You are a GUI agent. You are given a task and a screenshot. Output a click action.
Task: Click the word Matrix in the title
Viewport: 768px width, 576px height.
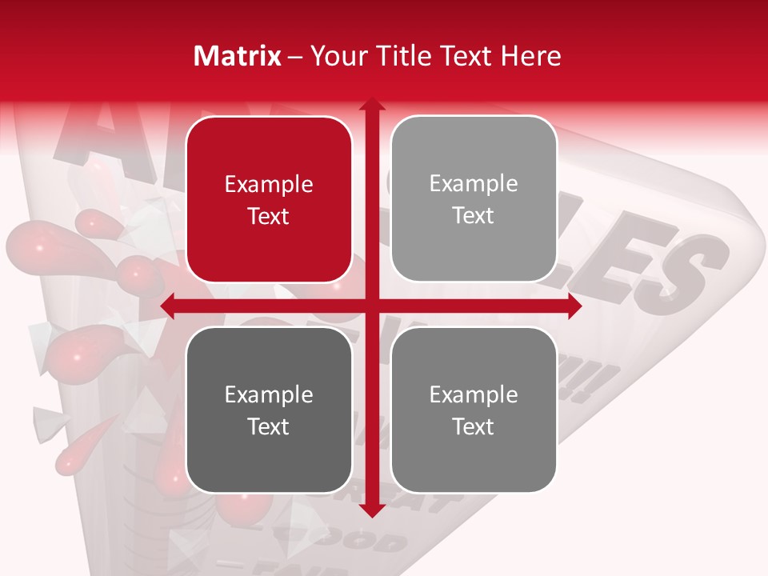[238, 56]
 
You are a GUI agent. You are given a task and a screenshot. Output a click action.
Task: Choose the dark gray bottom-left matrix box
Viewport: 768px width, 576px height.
[269, 410]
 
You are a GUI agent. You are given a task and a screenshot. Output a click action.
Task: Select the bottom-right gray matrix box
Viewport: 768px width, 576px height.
[474, 410]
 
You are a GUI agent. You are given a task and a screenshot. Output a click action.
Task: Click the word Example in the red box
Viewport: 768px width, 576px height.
[269, 185]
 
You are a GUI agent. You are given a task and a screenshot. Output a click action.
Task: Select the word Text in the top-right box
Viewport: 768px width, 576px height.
[474, 216]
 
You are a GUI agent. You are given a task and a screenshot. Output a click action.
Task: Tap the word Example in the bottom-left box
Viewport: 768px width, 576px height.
[269, 395]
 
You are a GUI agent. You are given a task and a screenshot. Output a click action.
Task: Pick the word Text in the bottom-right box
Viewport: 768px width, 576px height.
[474, 426]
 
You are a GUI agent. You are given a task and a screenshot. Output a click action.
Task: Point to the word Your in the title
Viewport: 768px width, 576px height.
[334, 56]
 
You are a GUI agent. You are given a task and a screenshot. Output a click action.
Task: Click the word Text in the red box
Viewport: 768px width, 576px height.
[269, 217]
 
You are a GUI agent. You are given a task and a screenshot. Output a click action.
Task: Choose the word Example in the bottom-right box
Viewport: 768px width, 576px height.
[474, 395]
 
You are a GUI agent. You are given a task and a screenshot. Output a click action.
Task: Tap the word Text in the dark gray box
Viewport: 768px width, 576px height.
[269, 426]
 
